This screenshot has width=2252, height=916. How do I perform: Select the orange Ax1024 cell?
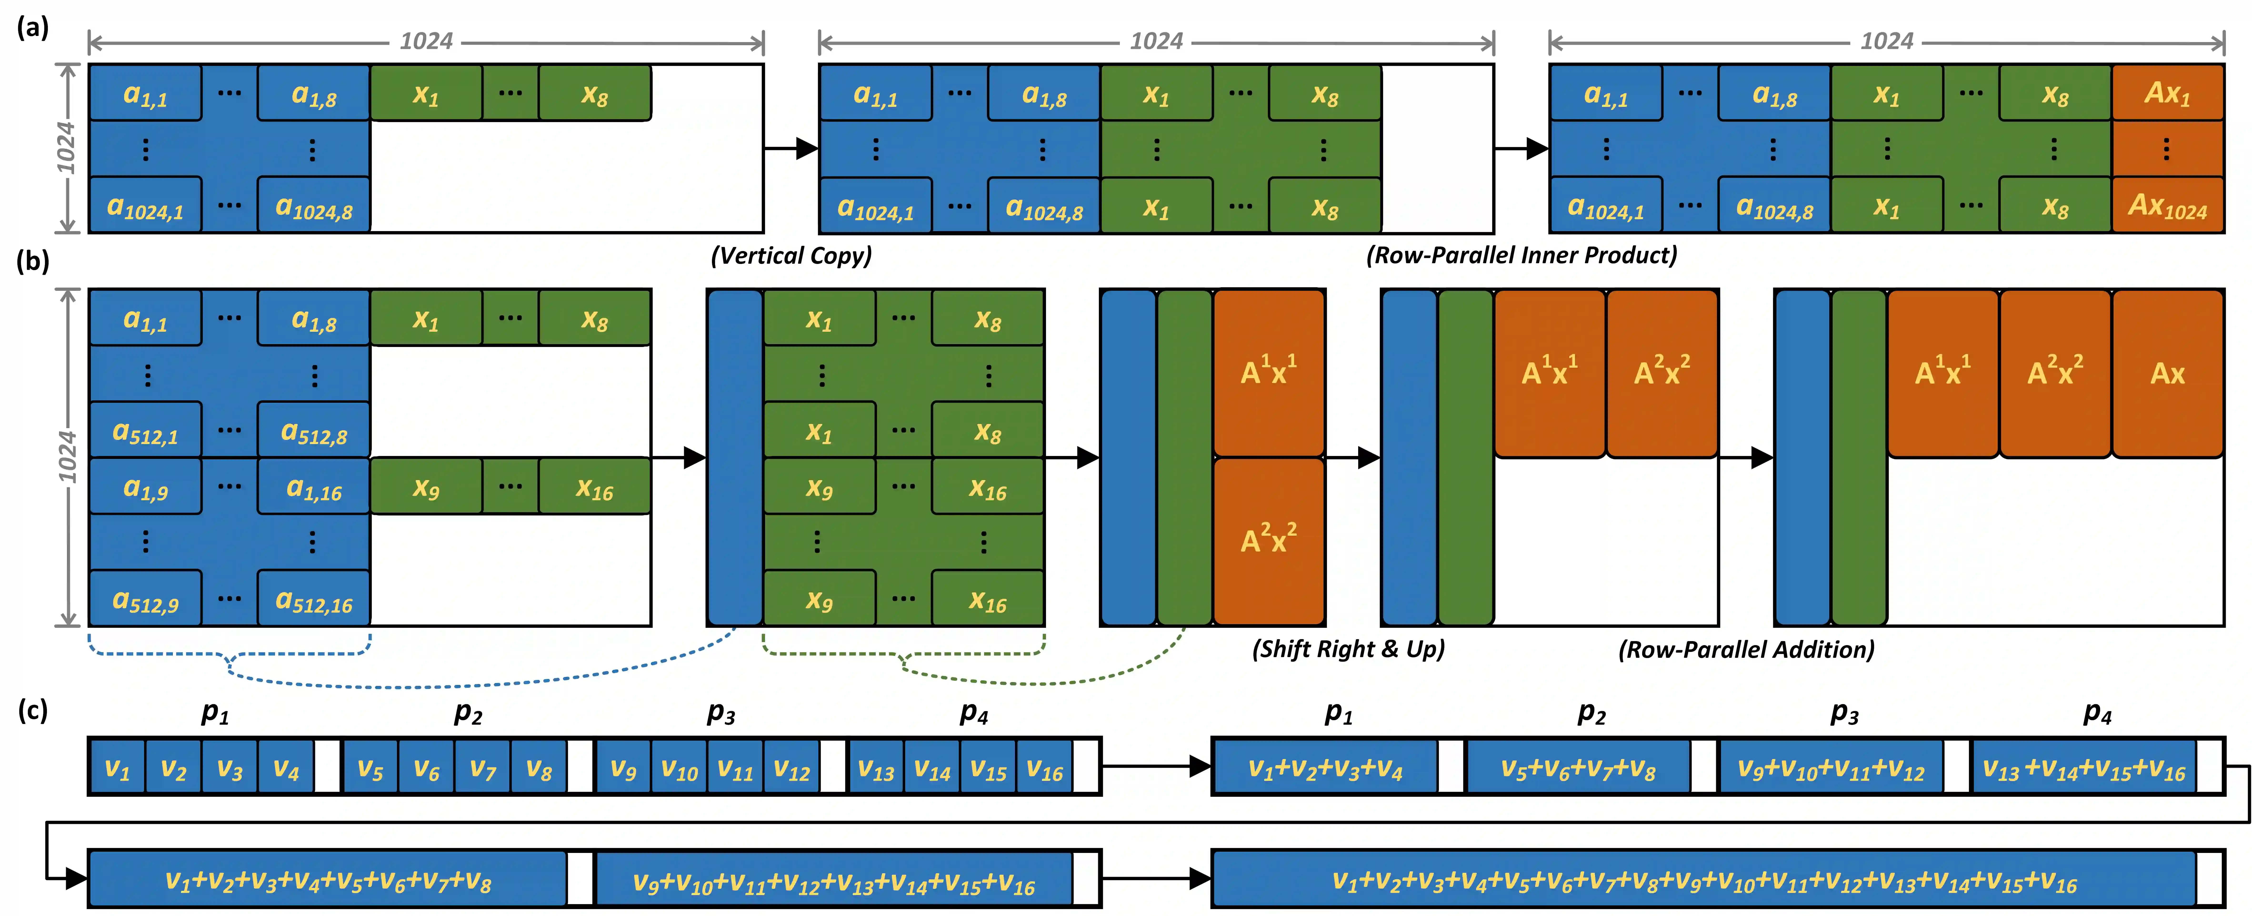tap(2167, 205)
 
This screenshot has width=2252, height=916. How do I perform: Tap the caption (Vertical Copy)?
tap(791, 255)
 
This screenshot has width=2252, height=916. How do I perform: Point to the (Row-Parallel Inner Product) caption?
tap(1521, 255)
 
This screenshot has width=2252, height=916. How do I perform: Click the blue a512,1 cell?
tap(145, 430)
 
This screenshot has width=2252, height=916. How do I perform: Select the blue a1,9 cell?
tap(145, 487)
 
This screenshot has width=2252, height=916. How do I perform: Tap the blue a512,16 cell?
tap(314, 599)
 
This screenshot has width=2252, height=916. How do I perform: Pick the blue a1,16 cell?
tap(314, 487)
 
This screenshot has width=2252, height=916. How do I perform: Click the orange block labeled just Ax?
tap(2167, 373)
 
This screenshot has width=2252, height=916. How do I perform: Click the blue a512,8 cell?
tap(314, 430)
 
